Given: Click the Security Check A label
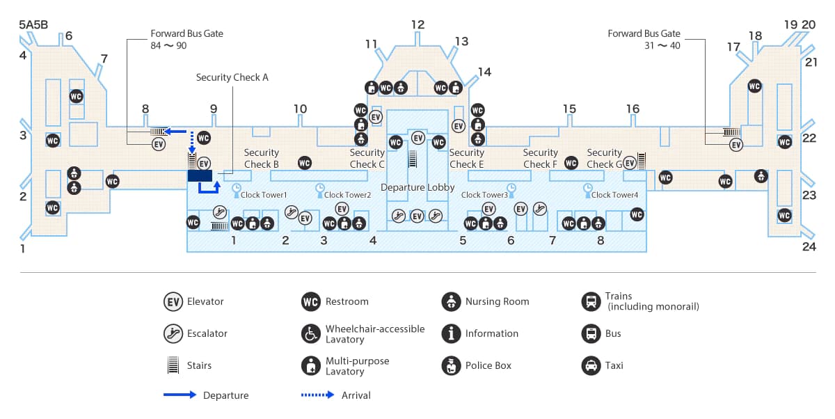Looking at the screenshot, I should point(232,77).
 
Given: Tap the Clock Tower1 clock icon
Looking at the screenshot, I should point(237,188).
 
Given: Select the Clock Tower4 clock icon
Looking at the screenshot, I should point(588,188).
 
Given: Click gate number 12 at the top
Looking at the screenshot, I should point(417,25).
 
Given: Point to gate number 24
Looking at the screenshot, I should point(809,246).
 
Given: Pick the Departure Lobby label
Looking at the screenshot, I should point(417,188).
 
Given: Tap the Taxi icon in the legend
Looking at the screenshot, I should point(591,365).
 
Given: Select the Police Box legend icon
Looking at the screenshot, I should point(452,365).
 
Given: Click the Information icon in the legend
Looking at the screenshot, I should point(452,333).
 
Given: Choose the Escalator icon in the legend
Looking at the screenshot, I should point(173,333).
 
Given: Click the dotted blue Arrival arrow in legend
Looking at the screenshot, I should point(318,395).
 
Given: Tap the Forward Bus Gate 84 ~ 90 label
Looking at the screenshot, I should point(186,39).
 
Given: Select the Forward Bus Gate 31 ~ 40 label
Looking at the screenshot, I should point(644,39).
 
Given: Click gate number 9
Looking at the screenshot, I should point(214,109).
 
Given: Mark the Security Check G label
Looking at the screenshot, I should point(604,158).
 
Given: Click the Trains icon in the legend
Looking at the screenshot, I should point(591,301).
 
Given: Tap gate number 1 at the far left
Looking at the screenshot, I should point(22,248).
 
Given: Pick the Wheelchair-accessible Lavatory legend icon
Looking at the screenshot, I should point(311,333).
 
